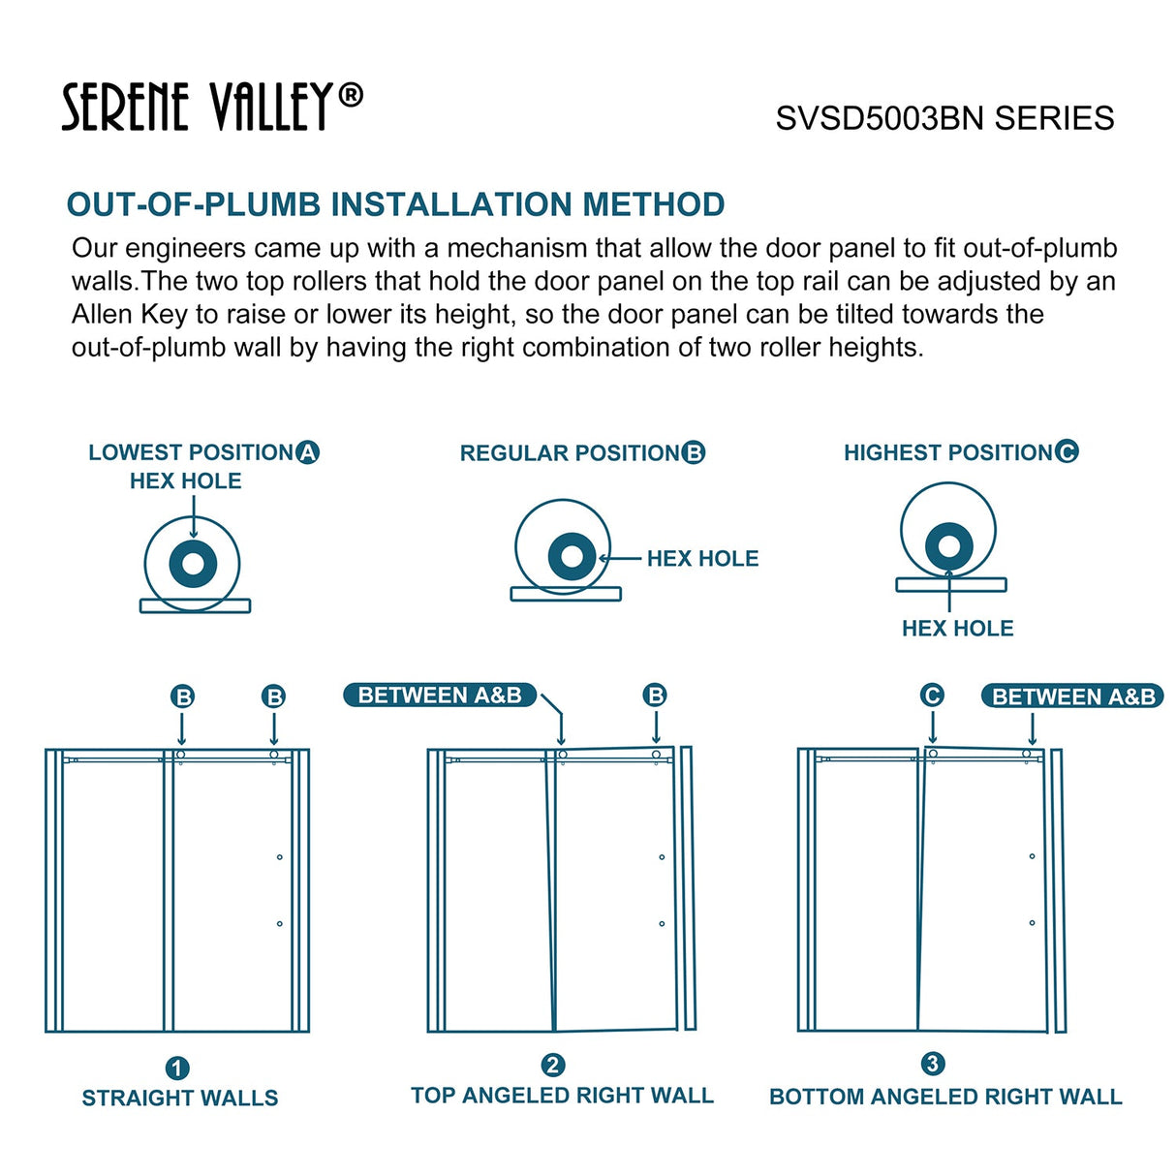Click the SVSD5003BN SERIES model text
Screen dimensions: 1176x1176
pos(944,118)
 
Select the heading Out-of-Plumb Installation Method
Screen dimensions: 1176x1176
pos(395,204)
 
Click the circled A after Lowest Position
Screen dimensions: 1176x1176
pos(308,452)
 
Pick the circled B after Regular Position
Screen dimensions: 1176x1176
pos(694,452)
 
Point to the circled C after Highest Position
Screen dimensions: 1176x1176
pos(1067,451)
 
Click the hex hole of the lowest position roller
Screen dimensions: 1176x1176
pos(193,563)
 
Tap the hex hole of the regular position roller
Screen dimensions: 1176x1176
pos(572,556)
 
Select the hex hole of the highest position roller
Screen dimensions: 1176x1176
pos(948,546)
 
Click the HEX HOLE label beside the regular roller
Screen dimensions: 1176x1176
pos(702,559)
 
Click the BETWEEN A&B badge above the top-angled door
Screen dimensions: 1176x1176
pos(440,696)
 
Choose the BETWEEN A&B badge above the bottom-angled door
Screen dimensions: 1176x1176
pos(1073,696)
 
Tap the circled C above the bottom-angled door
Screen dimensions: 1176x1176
pos(932,696)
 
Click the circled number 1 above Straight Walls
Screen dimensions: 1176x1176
pos(177,1068)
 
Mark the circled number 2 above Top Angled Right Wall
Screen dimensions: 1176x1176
pos(552,1066)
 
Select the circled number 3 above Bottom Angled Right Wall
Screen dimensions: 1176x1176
pos(932,1064)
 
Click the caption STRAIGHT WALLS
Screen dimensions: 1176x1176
pos(180,1098)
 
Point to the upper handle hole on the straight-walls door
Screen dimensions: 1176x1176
pos(280,856)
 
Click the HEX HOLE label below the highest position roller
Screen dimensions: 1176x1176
pos(957,629)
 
